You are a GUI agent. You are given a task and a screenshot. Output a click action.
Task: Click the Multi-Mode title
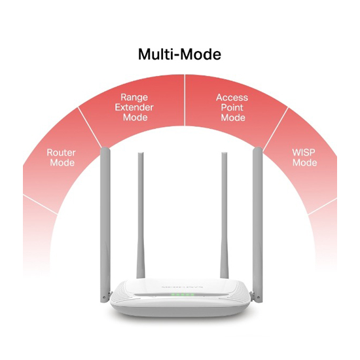179,54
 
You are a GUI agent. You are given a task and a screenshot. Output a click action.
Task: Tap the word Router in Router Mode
61,153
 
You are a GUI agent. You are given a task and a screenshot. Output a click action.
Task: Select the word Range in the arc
134,98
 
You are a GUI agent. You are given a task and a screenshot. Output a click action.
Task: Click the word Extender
134,107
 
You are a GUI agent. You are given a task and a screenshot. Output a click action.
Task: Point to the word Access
232,98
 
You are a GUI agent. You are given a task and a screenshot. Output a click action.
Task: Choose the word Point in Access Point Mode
232,108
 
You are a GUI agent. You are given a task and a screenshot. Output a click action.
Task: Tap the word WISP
304,153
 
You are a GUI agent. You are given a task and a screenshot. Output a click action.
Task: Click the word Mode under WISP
304,162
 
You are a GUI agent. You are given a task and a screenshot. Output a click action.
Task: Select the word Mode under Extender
135,117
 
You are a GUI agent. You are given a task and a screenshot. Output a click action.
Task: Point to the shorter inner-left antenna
141,216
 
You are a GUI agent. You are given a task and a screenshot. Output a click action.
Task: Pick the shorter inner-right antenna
224,216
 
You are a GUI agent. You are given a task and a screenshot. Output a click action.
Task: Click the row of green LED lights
183,295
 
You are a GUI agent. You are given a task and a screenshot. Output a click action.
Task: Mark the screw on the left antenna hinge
105,298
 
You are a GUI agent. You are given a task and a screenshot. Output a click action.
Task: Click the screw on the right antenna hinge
259,298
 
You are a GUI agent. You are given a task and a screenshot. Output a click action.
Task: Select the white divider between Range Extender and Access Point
185,100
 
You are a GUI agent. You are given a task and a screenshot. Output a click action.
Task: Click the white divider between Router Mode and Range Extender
90,127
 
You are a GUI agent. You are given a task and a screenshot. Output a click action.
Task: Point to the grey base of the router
180,310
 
